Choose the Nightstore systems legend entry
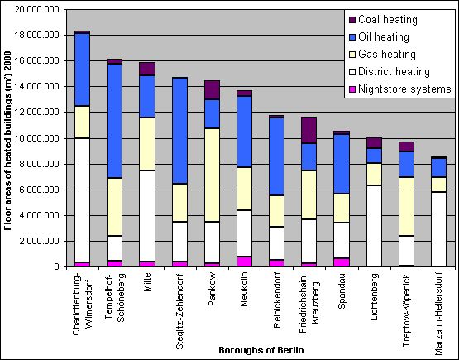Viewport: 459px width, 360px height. coord(400,89)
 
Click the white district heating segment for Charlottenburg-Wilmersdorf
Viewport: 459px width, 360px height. coord(82,199)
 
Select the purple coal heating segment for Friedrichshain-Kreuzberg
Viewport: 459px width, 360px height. coord(308,130)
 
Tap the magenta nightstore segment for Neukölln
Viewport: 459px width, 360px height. coord(244,262)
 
